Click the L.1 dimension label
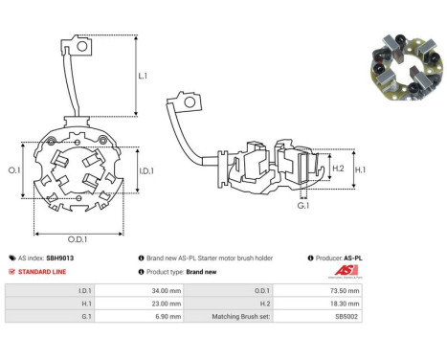pos(143,76)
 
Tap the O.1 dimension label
pos(14,170)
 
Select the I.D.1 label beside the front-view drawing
pos(146,171)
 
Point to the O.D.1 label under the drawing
pos(78,239)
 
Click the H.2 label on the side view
pos(338,169)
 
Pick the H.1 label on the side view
pos(360,169)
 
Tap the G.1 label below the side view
pos(303,206)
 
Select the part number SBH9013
pos(59,258)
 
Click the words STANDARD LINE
pos(42,272)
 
